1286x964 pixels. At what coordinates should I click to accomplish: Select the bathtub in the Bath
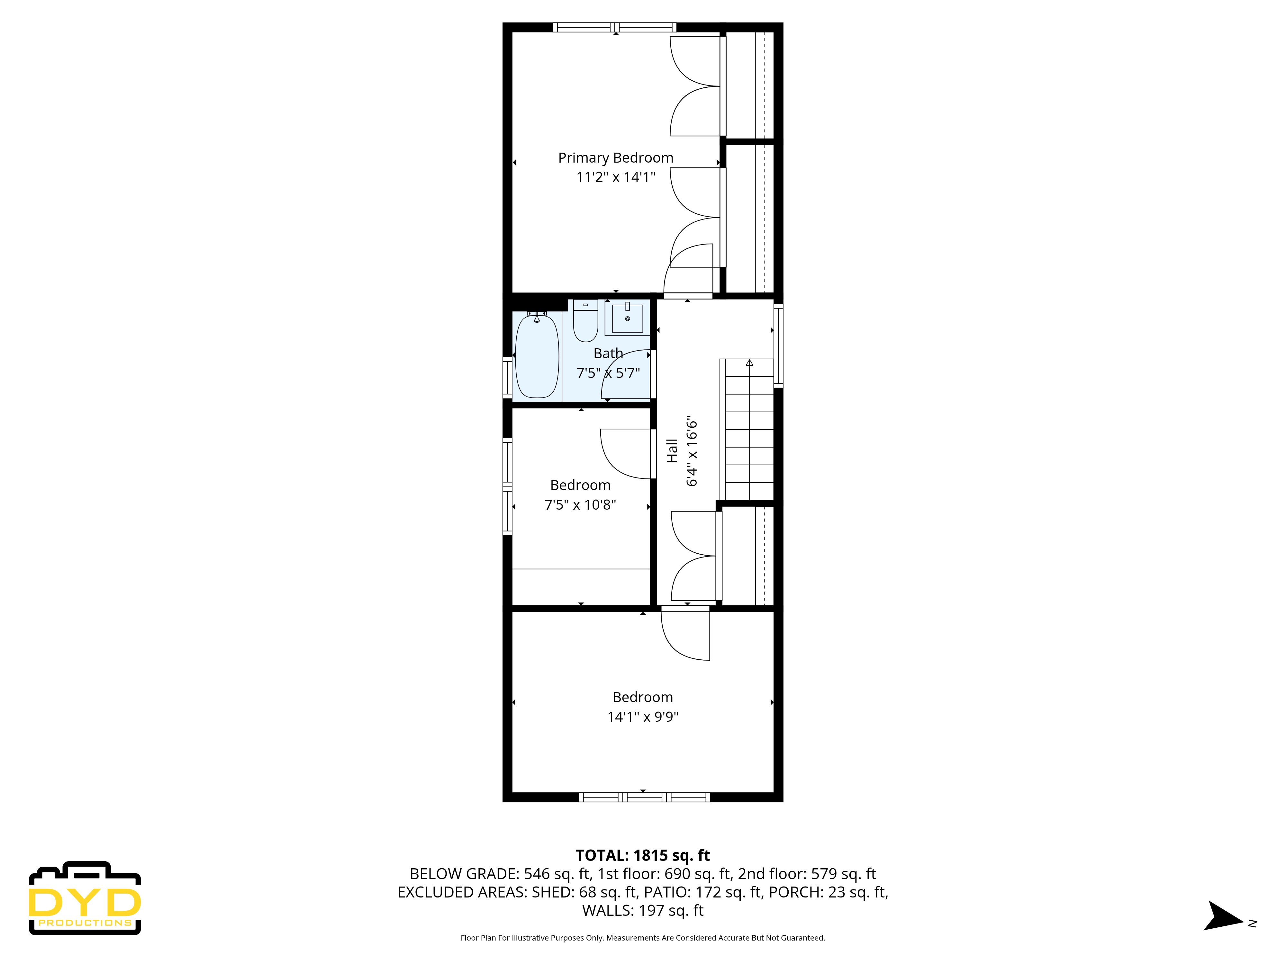coord(537,356)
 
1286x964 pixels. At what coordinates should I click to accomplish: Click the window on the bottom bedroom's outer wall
coord(644,797)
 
